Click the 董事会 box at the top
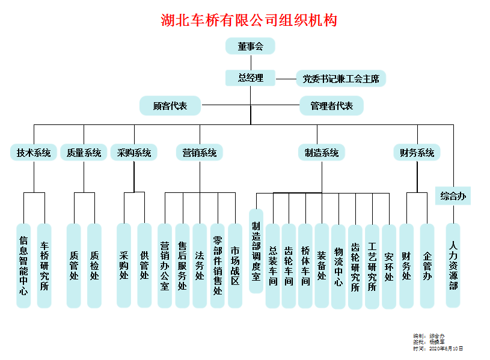point(250,46)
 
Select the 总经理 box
point(250,78)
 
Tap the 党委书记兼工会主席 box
point(340,78)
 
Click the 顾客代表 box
point(170,106)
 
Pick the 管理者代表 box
point(331,106)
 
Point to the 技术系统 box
point(34,153)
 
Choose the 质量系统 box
point(84,153)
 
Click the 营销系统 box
point(200,153)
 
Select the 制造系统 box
point(321,153)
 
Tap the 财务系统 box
point(417,153)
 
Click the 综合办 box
point(453,196)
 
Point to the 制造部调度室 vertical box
point(256,251)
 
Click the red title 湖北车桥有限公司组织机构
point(249,20)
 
